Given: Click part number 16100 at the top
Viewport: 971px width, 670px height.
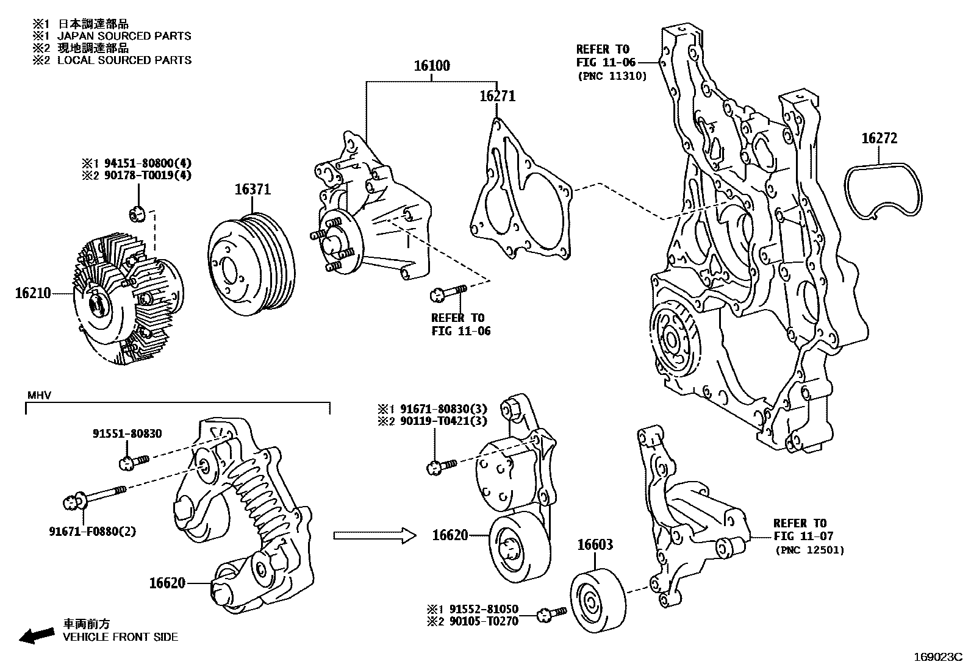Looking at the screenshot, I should (432, 66).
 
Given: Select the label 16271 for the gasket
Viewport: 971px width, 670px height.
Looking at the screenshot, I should (497, 96).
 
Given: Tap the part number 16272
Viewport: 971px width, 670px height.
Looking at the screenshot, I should (879, 138).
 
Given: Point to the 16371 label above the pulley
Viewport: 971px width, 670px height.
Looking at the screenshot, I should (253, 190).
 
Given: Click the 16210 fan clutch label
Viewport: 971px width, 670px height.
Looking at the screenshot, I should (33, 293).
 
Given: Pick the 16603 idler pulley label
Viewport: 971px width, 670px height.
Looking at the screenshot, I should (595, 544).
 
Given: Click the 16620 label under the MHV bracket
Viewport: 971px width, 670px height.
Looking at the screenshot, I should (167, 583).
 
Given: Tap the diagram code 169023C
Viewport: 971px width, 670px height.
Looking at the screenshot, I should (937, 657).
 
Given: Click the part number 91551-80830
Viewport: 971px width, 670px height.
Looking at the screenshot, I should (127, 433).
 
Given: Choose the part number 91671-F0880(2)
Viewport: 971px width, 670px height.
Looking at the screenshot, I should (93, 531).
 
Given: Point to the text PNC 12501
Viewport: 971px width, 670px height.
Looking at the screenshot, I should (810, 550).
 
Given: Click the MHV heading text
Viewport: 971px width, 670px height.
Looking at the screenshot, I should (39, 395).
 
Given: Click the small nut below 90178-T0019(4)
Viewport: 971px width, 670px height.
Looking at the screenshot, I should (137, 214).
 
